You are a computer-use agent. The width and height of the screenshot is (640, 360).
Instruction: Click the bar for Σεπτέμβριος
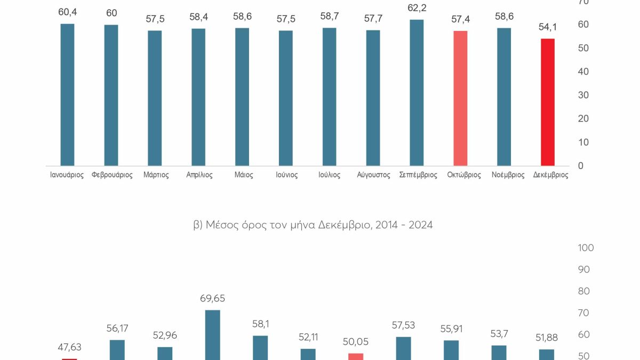point(417,93)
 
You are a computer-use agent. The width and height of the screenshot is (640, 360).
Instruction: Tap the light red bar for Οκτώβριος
point(460,98)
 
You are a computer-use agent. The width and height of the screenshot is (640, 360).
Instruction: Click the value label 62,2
point(417,8)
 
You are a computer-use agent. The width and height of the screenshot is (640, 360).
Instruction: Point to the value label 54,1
point(548,27)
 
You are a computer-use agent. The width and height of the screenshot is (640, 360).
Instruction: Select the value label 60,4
point(67,12)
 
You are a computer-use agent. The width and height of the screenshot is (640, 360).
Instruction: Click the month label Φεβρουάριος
point(112,175)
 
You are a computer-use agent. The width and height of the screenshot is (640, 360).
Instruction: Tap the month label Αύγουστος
point(373,175)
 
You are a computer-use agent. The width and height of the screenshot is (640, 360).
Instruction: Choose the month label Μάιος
point(243,175)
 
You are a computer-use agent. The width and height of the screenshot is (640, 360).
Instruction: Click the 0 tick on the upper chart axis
point(580,166)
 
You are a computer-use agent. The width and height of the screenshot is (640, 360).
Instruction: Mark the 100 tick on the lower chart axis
point(586,248)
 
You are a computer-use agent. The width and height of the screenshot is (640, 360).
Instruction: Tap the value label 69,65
point(212,299)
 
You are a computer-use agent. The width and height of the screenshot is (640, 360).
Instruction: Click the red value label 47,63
point(69,348)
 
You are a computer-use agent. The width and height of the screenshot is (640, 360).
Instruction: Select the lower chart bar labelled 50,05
point(356,356)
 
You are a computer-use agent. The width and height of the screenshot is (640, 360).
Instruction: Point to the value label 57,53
point(403,325)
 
